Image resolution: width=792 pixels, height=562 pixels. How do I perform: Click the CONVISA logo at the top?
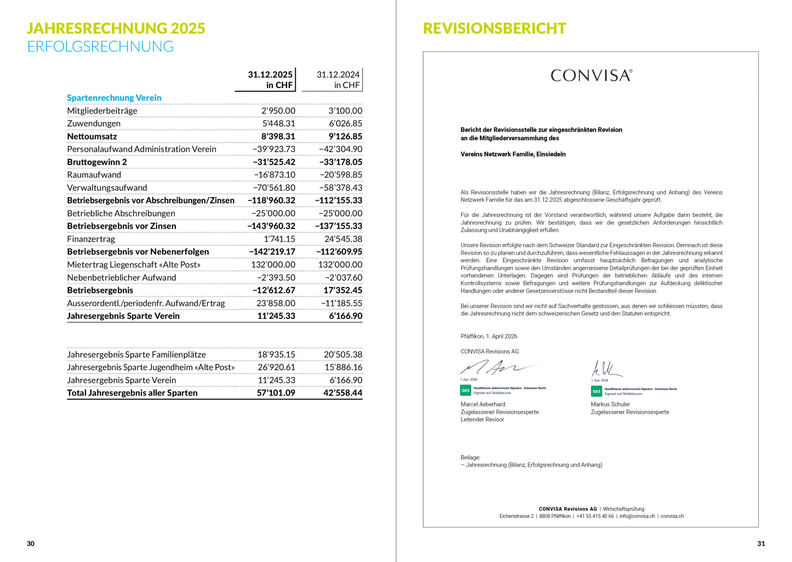pos(591,76)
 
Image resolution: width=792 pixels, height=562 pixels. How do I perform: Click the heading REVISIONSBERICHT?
pos(494,28)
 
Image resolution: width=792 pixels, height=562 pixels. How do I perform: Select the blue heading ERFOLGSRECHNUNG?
pos(100,47)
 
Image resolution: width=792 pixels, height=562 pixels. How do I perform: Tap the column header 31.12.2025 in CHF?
pos(270,80)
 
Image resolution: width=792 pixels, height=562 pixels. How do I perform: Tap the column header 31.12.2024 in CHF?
pos(338,80)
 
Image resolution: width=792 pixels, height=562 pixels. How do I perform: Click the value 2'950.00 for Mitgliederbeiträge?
pos(278,111)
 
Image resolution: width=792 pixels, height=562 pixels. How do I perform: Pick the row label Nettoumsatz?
pos(92,136)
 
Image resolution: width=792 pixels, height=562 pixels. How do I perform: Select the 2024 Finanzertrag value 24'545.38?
pos(343,239)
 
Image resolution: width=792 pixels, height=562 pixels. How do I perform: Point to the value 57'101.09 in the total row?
pos(276,393)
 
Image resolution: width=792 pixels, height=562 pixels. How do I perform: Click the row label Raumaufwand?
pos(94,175)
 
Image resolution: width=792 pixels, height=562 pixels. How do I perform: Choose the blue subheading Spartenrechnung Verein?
pos(114,98)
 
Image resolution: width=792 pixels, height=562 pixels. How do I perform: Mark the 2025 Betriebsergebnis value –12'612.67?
pos(274,290)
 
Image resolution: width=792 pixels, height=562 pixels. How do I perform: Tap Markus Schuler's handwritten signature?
pos(606,369)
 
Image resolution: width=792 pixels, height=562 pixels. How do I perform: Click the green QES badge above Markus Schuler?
pos(596,391)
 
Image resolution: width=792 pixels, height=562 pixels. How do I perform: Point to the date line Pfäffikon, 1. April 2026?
pos(488,336)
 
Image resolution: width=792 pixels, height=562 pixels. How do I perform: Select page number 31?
pos(761,544)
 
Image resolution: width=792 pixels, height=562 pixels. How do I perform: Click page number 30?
pos(31,544)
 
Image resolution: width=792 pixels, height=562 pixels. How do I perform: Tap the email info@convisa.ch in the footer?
pos(637,516)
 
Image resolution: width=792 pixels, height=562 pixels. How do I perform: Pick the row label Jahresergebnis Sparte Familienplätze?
pos(136,355)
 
